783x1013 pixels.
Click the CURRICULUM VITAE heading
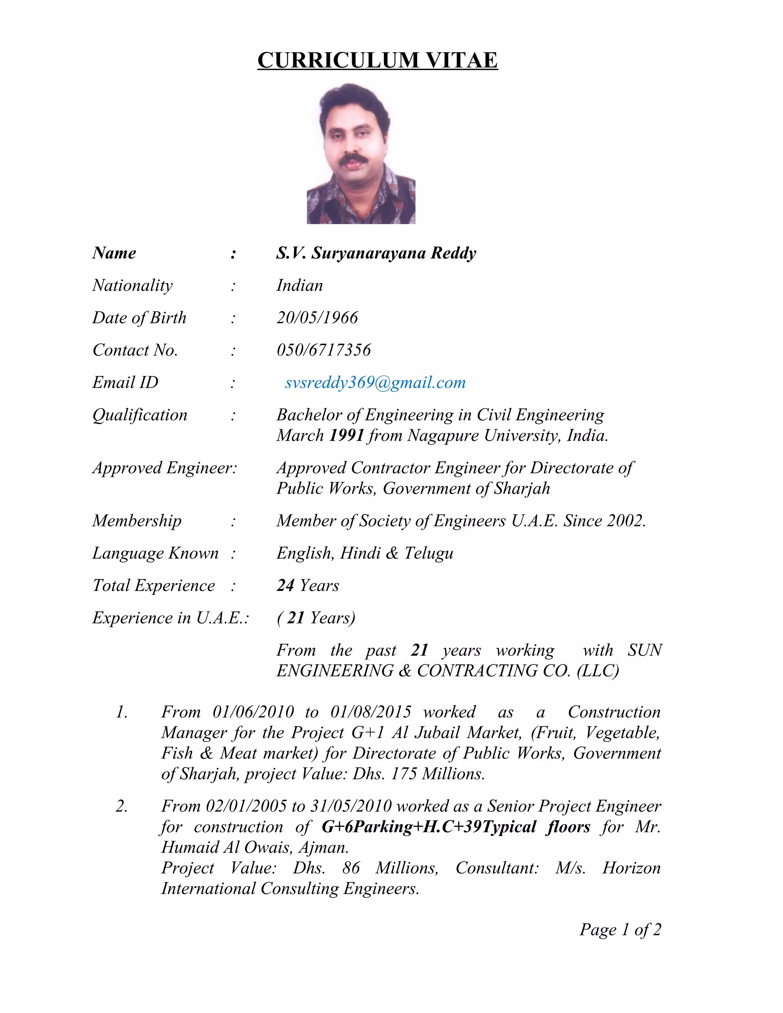click(x=378, y=60)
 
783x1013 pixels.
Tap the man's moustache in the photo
click(x=354, y=160)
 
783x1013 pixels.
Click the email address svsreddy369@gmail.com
click(x=375, y=383)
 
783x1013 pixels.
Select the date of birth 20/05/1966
click(x=317, y=318)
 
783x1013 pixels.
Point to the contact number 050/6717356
click(x=324, y=350)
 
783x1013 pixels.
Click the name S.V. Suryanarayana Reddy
click(x=376, y=253)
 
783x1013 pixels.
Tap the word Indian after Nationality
click(x=300, y=285)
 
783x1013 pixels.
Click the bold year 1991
click(x=346, y=435)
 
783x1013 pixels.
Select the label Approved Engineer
click(x=164, y=468)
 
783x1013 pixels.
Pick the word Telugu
click(x=429, y=554)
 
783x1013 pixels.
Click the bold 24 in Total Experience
click(x=286, y=586)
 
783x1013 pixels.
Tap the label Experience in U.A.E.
click(x=170, y=618)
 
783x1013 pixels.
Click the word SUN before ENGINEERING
click(x=645, y=650)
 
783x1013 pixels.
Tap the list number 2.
click(x=121, y=806)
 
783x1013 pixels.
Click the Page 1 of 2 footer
click(x=620, y=930)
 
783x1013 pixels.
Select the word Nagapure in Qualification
click(x=443, y=435)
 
